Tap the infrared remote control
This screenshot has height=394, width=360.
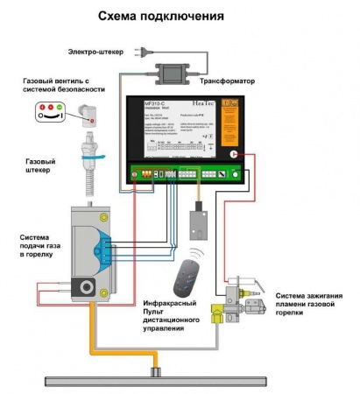[x=186, y=279]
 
